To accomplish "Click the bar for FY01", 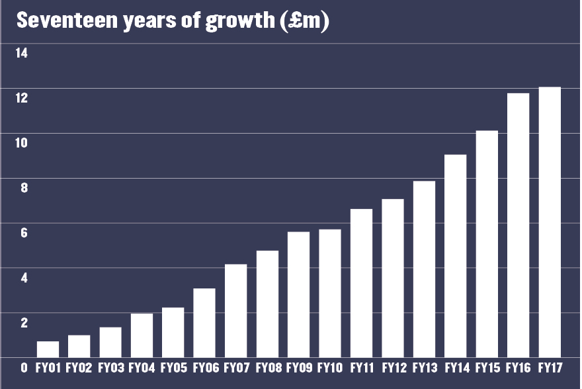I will (x=48, y=349).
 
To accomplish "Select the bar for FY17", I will (x=550, y=222).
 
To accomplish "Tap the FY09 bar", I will (x=299, y=294).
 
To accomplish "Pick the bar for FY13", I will (x=424, y=269).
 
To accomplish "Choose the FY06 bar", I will (x=205, y=323).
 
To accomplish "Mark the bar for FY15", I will (x=487, y=244).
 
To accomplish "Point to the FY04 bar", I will (x=142, y=335).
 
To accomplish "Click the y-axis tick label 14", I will (x=22, y=53).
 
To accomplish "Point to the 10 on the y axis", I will (x=22, y=143).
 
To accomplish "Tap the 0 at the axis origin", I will (x=24, y=368).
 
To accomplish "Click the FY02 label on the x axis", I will (x=79, y=368).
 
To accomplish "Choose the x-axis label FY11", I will (x=361, y=368).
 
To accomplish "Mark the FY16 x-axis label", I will (x=518, y=368).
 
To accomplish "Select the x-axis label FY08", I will (x=267, y=368).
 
